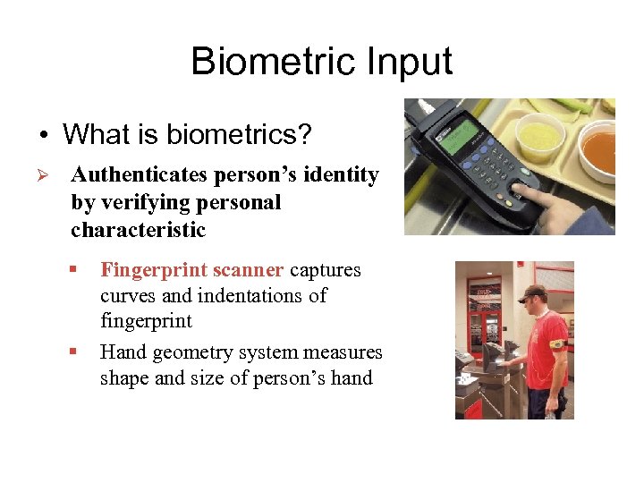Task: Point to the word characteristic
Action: coord(138,230)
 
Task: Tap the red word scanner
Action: coord(249,270)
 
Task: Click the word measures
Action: coord(341,352)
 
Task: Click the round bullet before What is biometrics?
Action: coord(43,136)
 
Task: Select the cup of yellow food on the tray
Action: coord(541,135)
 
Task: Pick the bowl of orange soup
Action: coord(597,151)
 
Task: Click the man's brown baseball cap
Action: coord(533,292)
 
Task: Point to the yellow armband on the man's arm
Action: coord(556,343)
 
